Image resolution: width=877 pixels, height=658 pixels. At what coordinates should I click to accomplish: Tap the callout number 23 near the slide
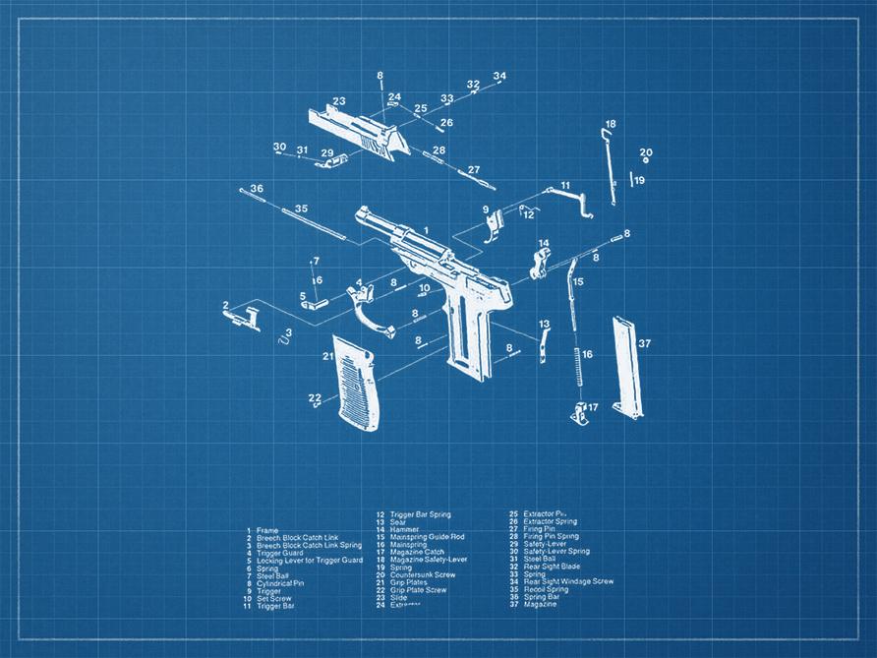coord(339,101)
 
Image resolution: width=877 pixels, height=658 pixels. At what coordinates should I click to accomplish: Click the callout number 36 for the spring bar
coord(257,188)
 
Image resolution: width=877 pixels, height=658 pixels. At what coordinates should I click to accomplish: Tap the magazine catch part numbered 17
coord(580,413)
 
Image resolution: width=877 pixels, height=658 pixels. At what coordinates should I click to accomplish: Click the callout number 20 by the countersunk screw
coord(646,152)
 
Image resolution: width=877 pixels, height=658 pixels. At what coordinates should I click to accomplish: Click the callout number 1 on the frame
coord(426,230)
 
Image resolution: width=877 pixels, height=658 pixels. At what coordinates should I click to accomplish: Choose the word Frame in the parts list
coord(267,531)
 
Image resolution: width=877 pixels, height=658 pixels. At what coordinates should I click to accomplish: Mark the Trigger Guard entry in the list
coord(280,553)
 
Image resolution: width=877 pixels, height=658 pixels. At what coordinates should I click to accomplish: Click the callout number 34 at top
coord(499,76)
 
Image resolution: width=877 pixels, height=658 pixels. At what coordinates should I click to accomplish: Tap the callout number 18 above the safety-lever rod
coord(611,124)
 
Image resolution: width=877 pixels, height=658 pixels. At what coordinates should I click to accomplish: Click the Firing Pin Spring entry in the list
coord(551,536)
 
